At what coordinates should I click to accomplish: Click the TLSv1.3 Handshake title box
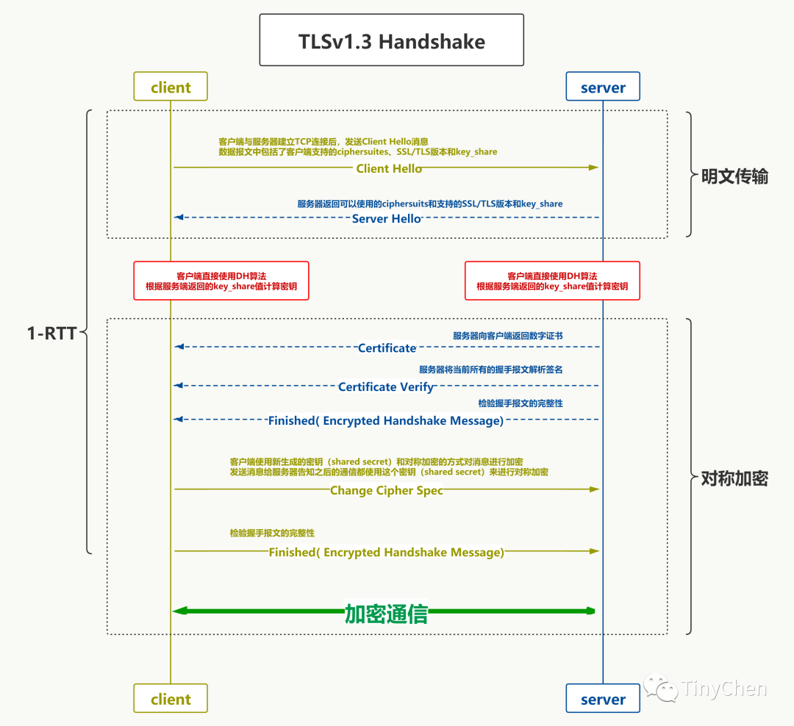[x=391, y=40]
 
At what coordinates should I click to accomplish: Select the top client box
[x=171, y=87]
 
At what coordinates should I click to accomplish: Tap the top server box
[x=603, y=87]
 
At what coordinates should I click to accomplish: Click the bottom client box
[x=171, y=699]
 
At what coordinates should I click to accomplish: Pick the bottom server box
[x=603, y=699]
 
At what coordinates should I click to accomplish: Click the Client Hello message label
[x=389, y=168]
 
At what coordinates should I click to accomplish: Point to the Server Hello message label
[x=386, y=218]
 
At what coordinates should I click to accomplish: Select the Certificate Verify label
[x=385, y=387]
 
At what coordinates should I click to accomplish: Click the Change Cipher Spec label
[x=386, y=490]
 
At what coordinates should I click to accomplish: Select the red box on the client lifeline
[x=221, y=280]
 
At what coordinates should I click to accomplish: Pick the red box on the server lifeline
[x=552, y=280]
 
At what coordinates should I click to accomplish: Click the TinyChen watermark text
[x=723, y=689]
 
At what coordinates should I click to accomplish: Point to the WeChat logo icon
[x=661, y=688]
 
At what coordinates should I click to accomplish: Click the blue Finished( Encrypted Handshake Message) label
[x=385, y=421]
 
